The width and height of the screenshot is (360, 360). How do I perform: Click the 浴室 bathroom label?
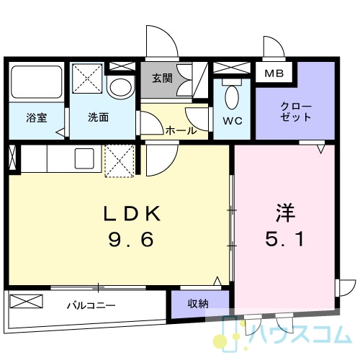37,118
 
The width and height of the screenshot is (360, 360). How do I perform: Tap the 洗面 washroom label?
99,117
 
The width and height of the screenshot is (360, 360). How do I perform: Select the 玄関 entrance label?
162,78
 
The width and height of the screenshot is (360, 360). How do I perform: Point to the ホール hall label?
181,131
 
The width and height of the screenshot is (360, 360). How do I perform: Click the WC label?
233,121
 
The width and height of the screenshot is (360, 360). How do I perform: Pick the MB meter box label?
274,73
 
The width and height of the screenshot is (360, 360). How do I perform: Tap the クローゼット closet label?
296,112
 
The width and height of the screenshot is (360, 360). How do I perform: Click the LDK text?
132,214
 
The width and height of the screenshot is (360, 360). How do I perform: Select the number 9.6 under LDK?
131,239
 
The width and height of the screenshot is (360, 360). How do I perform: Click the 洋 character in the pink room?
285,212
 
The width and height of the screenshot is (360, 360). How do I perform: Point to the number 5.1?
284,239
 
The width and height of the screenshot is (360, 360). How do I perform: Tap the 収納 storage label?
198,304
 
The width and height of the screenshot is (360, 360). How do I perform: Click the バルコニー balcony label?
91,305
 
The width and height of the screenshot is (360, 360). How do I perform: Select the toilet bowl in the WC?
232,96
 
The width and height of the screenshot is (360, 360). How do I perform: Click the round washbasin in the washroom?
121,88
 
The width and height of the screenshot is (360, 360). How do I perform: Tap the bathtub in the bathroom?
37,82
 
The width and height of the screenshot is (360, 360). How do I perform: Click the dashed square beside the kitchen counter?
120,161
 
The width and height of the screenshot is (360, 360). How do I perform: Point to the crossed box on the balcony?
26,301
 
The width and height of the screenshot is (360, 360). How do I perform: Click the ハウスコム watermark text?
300,335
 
